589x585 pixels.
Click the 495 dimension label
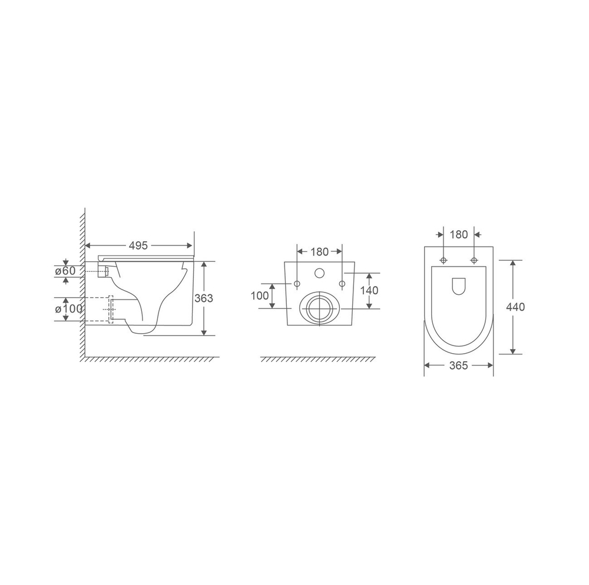point(138,245)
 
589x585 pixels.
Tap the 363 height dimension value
point(204,298)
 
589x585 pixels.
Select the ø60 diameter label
point(65,270)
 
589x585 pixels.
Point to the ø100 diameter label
point(69,309)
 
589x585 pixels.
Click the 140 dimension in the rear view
point(369,290)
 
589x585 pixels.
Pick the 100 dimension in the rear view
point(260,295)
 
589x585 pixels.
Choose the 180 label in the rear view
point(320,252)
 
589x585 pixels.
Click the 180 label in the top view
point(459,234)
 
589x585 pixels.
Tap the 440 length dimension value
point(515,307)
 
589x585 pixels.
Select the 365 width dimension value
point(459,365)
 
